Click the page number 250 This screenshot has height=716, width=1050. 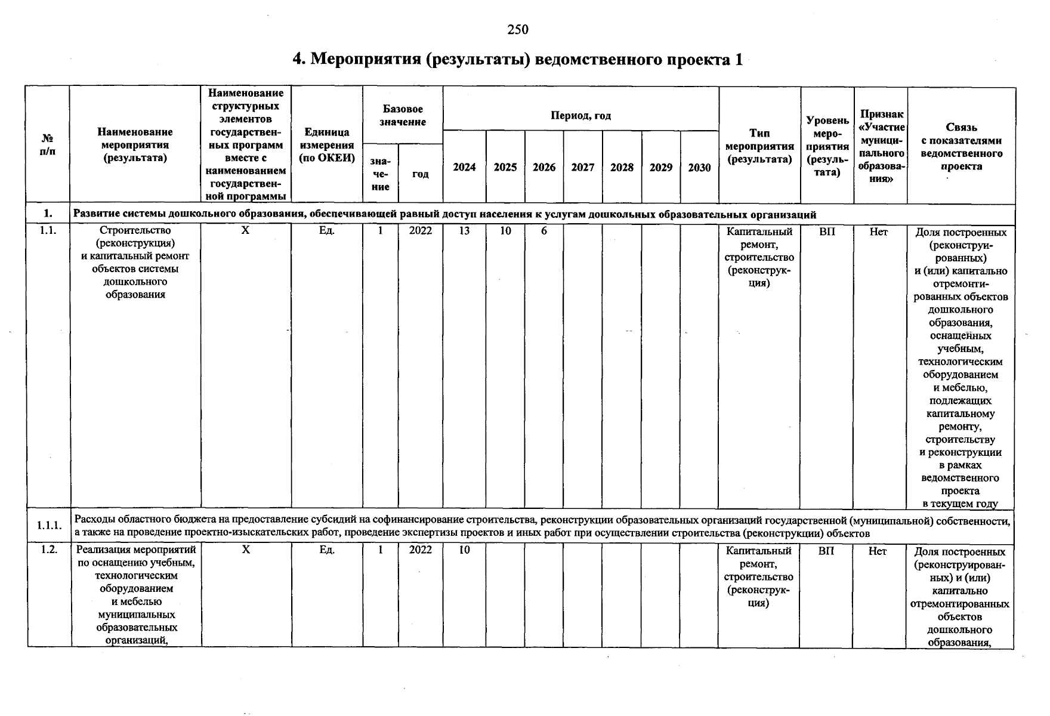click(x=518, y=29)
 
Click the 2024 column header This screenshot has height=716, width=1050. click(x=464, y=168)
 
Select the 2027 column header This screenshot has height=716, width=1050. click(x=582, y=168)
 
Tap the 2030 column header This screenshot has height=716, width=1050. click(x=699, y=168)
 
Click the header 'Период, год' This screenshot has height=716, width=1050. click(x=580, y=116)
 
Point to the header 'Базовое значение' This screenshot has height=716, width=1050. click(x=403, y=115)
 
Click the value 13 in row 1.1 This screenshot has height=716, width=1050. click(x=464, y=231)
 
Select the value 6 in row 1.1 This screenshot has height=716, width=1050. click(x=543, y=231)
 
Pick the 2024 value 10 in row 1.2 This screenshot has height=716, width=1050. click(x=464, y=550)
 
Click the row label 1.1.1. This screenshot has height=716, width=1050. click(x=49, y=526)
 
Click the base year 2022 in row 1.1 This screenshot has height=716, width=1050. click(x=421, y=231)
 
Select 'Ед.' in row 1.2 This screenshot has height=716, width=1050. click(x=326, y=550)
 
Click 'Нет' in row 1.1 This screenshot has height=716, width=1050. click(x=878, y=232)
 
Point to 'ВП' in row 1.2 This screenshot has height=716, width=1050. click(x=826, y=551)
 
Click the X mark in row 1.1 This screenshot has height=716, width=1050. click(x=245, y=230)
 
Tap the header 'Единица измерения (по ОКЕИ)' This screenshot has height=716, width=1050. click(x=327, y=145)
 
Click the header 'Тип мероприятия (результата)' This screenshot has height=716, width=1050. click(x=759, y=146)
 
